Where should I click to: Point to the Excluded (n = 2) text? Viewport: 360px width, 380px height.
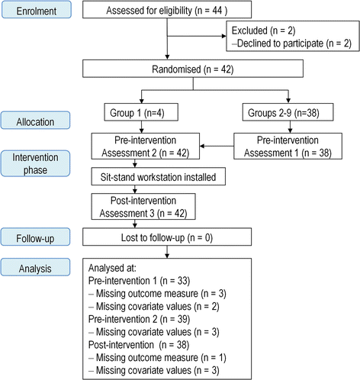point(263,33)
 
